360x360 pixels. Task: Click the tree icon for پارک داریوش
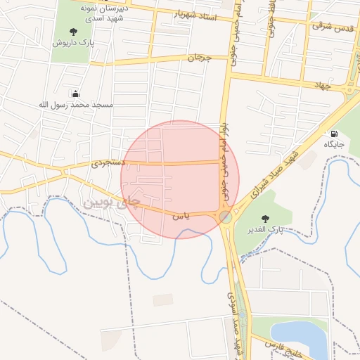pyautogui.click(x=74, y=31)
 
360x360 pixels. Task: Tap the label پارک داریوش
pyautogui.click(x=74, y=42)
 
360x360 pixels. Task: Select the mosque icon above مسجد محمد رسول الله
pyautogui.click(x=76, y=94)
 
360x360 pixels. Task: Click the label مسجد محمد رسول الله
pyautogui.click(x=76, y=105)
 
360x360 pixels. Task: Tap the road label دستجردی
pyautogui.click(x=108, y=162)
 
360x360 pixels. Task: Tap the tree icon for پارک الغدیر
pyautogui.click(x=265, y=219)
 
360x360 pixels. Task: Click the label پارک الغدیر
pyautogui.click(x=265, y=230)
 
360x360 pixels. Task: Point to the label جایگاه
pyautogui.click(x=333, y=144)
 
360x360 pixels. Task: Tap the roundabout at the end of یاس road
pyautogui.click(x=225, y=217)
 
